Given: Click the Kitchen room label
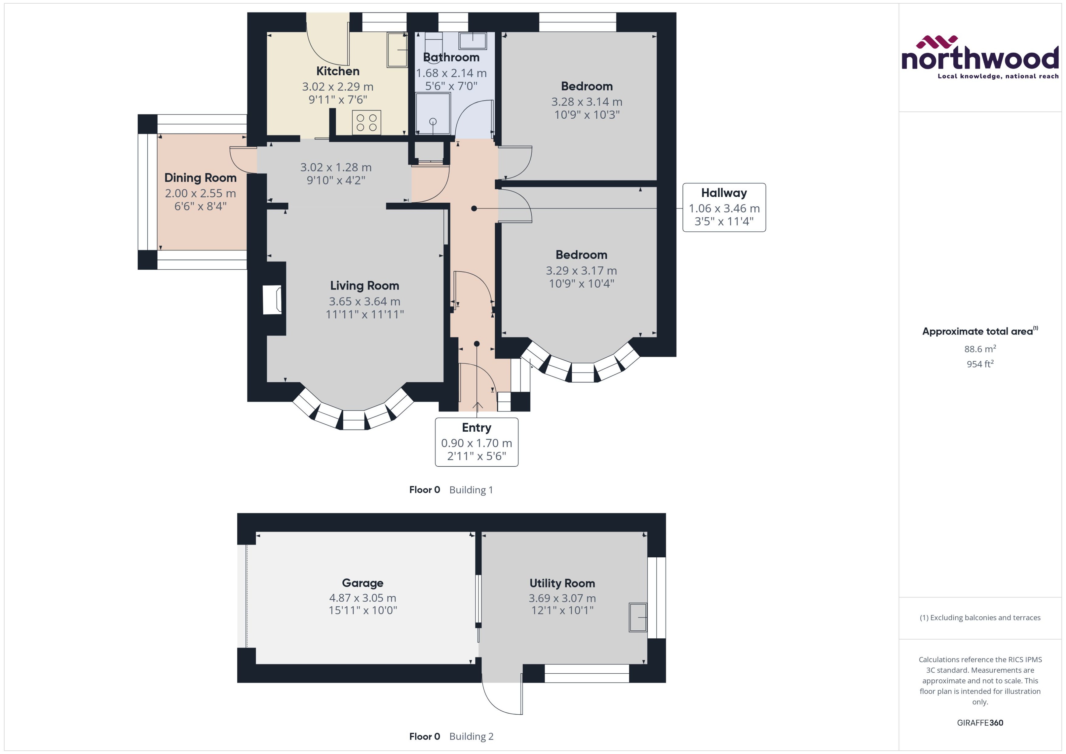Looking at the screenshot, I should (338, 71).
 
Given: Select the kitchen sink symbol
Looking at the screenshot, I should (397, 50).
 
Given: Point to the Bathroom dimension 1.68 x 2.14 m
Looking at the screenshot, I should (451, 73).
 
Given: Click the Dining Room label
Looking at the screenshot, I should (200, 178).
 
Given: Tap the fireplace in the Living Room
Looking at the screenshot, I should (272, 300).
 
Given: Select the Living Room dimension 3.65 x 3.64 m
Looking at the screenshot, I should (365, 301).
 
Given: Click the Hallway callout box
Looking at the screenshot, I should (724, 207).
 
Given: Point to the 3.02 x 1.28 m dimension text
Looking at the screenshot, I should (336, 167).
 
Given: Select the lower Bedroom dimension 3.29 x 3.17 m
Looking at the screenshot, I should (581, 270).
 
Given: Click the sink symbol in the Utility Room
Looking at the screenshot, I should (638, 617).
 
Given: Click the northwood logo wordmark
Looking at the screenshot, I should (980, 59).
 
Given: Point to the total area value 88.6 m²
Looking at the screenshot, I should (980, 349).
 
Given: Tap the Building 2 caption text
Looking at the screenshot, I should (471, 736).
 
